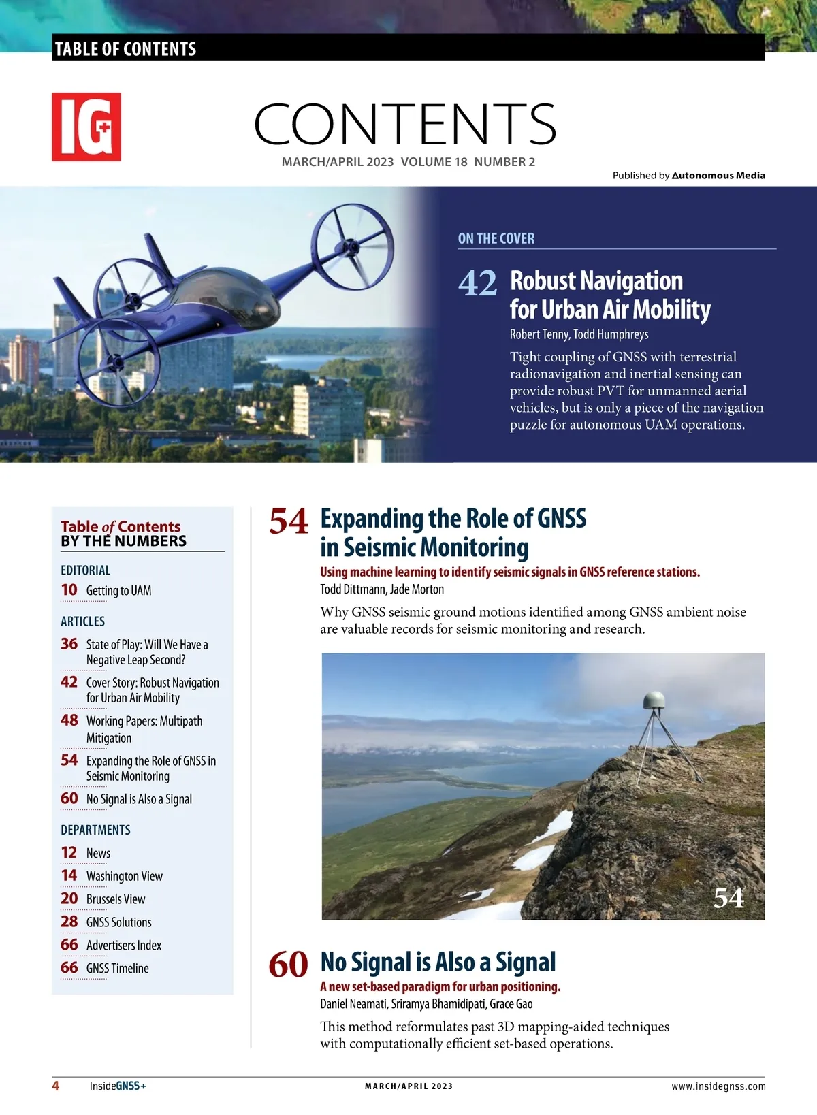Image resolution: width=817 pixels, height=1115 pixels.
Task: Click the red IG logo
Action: (x=86, y=127)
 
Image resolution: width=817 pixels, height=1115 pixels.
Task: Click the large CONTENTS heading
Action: (x=405, y=124)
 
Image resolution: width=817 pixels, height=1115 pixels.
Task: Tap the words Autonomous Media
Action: (x=718, y=176)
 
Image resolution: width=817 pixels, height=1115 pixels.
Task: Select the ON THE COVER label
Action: (x=496, y=238)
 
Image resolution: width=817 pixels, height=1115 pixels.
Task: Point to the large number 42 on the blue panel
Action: (x=478, y=283)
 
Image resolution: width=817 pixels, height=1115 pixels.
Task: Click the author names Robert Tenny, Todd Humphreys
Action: (x=579, y=334)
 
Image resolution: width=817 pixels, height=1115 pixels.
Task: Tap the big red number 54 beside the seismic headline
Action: (x=289, y=522)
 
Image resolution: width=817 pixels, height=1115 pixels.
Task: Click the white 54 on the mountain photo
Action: (x=728, y=898)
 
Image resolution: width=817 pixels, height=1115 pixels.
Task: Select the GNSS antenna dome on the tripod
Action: (x=654, y=701)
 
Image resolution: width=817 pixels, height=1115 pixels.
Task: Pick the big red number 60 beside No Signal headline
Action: (x=289, y=965)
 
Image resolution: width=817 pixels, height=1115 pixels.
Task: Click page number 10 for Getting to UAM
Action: (x=69, y=590)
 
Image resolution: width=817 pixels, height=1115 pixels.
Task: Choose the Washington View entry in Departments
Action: (x=124, y=876)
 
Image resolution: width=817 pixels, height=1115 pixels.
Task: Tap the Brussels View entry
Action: (x=116, y=899)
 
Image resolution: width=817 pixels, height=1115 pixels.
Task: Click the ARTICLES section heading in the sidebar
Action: (x=83, y=621)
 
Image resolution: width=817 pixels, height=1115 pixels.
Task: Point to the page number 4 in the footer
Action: (x=56, y=1086)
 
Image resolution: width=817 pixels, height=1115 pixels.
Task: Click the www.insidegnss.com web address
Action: (x=718, y=1086)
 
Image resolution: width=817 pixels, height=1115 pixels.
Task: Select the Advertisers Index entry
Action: (x=124, y=946)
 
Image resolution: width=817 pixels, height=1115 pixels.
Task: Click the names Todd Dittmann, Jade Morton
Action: (x=382, y=589)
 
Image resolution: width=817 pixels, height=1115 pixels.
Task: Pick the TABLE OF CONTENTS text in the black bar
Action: (x=125, y=49)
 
